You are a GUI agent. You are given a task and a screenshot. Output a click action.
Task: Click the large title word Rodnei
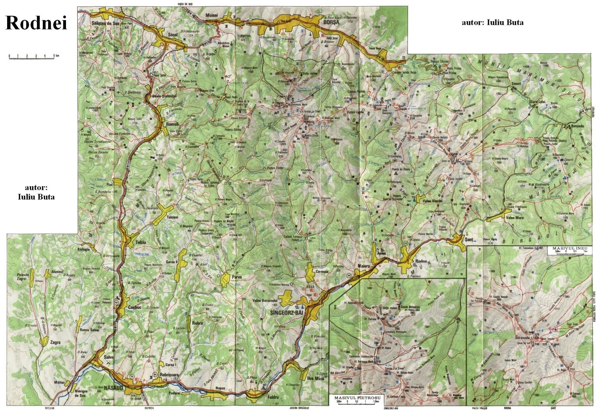pos(36,23)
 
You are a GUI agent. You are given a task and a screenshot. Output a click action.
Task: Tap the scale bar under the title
pos(32,57)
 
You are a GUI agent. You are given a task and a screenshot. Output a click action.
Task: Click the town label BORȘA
pos(332,22)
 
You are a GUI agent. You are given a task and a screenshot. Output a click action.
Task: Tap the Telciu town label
pos(141,242)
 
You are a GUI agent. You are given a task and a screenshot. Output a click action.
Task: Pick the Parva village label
pos(237,277)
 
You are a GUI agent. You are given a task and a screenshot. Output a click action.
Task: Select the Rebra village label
pos(197,323)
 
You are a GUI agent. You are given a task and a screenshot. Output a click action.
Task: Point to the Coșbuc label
pos(134,307)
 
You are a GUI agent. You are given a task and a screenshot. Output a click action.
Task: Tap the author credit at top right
pos(492,22)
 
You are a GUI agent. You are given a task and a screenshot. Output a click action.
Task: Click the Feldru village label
pos(273,397)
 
